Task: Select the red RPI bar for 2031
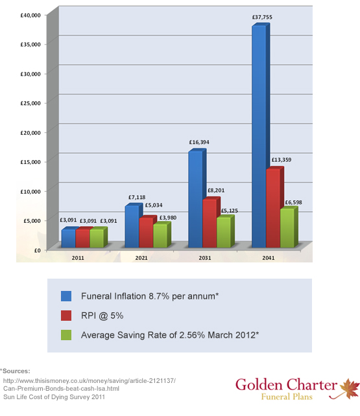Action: point(211,222)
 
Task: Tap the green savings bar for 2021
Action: point(162,235)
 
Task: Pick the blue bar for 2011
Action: point(70,237)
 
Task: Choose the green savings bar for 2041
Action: point(289,227)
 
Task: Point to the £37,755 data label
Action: point(262,17)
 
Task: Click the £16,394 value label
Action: point(199,142)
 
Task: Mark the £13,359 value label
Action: point(282,159)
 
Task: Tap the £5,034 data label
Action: point(154,205)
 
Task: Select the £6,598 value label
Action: point(293,202)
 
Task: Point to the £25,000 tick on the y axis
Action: point(30,103)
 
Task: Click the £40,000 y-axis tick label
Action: point(30,15)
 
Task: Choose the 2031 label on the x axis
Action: point(205,258)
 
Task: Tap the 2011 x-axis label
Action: point(78,258)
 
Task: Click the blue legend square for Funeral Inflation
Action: point(66,296)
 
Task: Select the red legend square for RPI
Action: point(66,316)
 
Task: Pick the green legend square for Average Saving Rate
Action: point(66,335)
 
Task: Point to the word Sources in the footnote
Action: point(16,371)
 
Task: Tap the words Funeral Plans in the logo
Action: point(287,397)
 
